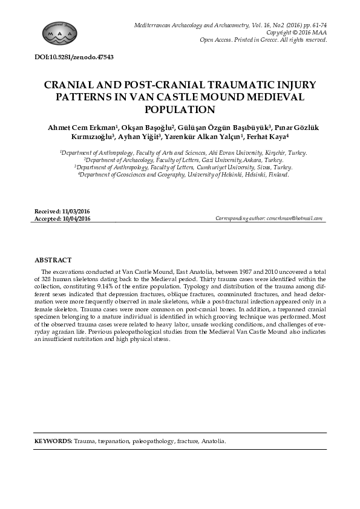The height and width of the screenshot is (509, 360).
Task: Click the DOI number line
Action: click(x=74, y=57)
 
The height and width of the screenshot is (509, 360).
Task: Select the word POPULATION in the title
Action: click(x=180, y=110)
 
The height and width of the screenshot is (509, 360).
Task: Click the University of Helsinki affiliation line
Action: click(x=183, y=174)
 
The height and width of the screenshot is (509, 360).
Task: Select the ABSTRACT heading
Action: click(x=53, y=259)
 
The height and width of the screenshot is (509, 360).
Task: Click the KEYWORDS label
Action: click(x=53, y=442)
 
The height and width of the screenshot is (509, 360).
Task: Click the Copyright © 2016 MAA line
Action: click(x=296, y=32)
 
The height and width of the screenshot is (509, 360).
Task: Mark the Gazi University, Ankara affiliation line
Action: click(x=183, y=160)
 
